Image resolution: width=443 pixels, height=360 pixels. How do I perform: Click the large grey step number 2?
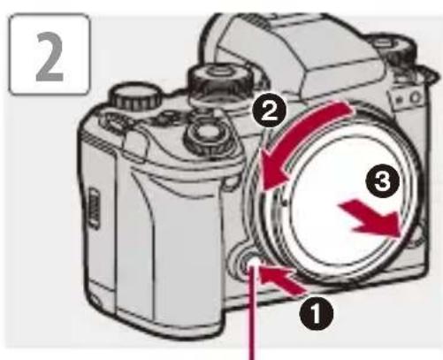(50, 57)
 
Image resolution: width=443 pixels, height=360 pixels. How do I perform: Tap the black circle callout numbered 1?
(317, 313)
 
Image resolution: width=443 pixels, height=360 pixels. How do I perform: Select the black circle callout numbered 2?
(269, 111)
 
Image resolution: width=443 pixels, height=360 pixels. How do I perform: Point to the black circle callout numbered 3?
(383, 180)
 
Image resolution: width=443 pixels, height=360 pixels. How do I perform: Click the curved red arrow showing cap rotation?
(298, 139)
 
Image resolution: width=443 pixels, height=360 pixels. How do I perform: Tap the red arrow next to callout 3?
(370, 218)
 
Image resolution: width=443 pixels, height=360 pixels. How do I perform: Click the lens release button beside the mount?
(248, 263)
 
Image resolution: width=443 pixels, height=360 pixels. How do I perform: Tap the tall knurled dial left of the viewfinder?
(219, 81)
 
